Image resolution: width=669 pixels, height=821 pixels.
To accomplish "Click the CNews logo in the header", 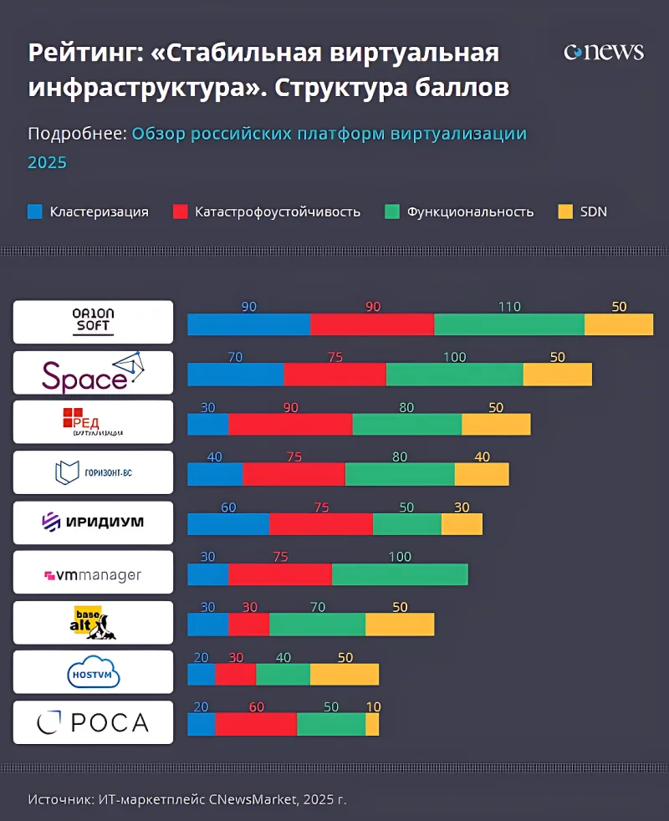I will click(604, 52).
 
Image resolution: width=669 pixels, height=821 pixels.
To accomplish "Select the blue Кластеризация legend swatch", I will click(34, 212).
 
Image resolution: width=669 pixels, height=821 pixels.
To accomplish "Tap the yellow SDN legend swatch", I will click(564, 212).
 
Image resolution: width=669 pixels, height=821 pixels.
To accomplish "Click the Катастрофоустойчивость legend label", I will click(278, 212).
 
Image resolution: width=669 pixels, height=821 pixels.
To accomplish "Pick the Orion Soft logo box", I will click(93, 322).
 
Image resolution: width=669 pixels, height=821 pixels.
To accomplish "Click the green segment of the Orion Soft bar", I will click(508, 324).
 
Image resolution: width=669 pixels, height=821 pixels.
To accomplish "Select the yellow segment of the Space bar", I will click(557, 375).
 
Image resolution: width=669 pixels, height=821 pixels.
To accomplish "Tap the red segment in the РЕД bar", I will click(290, 424).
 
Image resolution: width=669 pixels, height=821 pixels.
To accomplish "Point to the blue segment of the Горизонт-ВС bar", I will click(215, 474).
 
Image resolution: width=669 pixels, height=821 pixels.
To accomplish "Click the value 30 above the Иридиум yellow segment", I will click(462, 507).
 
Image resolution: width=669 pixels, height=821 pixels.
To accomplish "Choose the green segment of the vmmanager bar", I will click(400, 574).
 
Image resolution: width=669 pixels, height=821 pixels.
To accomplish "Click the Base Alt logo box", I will click(93, 622).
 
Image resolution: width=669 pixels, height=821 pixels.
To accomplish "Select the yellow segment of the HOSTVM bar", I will click(344, 674).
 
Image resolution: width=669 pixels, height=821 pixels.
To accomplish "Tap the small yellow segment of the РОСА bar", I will click(372, 724).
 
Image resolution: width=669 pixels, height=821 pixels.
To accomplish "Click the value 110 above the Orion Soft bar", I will click(509, 307).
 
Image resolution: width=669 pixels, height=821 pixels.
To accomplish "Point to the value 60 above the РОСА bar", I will click(256, 706).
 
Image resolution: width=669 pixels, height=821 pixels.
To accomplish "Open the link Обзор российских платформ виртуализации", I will click(329, 134).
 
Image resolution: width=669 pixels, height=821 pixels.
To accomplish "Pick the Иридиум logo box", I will click(93, 523).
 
